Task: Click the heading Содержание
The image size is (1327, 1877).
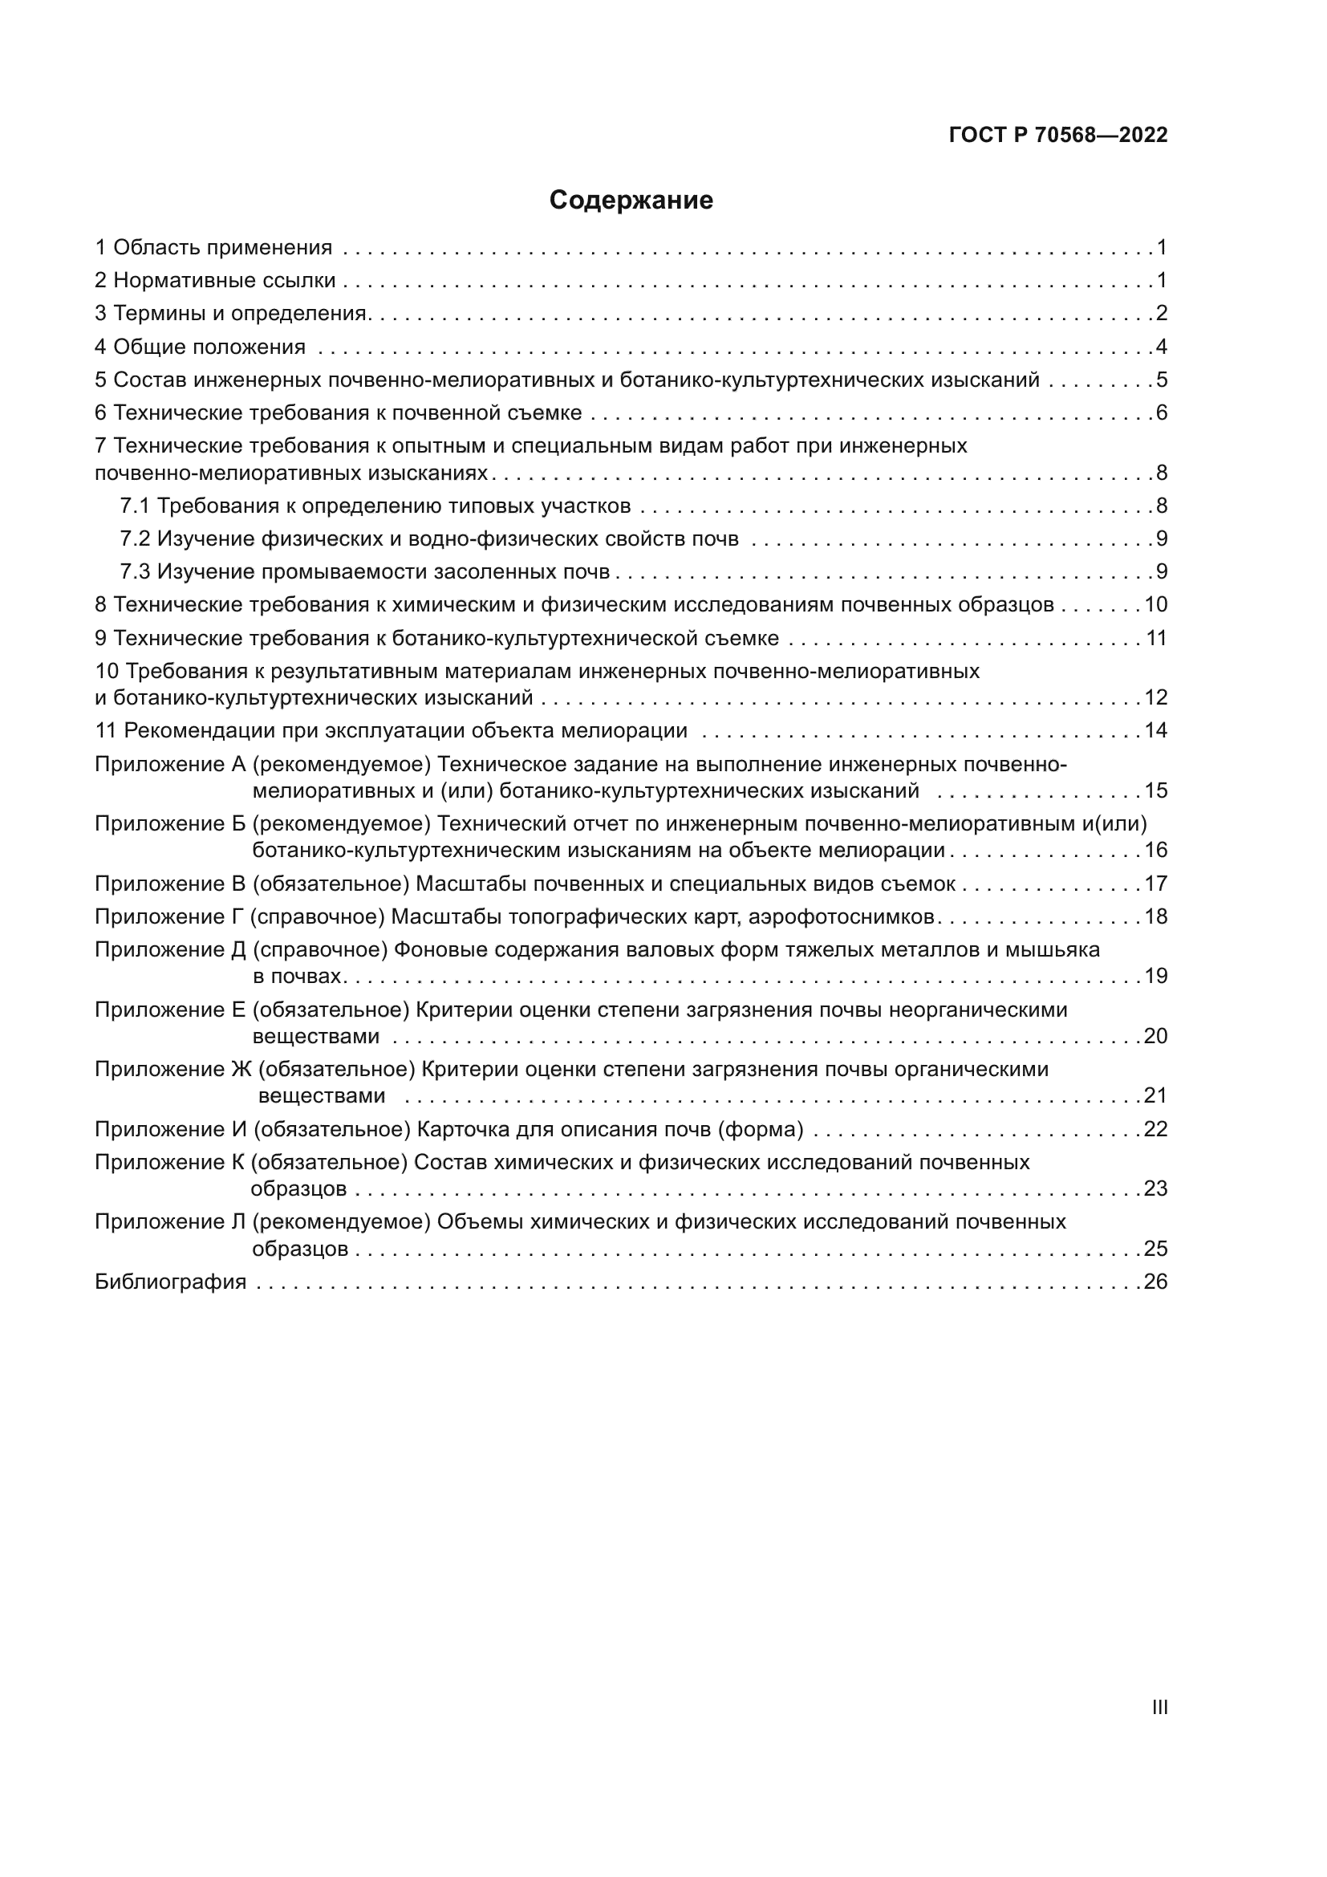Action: (x=631, y=201)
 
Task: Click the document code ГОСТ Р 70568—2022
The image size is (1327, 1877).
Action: (x=1058, y=136)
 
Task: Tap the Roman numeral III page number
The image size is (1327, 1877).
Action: (x=1159, y=1707)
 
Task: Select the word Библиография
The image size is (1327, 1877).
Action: (x=171, y=1282)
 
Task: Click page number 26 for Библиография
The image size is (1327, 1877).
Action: (x=1155, y=1282)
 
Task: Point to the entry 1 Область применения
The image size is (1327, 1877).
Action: (x=214, y=248)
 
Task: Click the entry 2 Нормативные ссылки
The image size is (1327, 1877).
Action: (x=216, y=281)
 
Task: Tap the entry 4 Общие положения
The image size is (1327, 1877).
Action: (x=201, y=347)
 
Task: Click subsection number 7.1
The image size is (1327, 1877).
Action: (x=135, y=506)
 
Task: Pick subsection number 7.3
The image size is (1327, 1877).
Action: (x=135, y=571)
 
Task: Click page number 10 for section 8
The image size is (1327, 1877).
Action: (x=1155, y=605)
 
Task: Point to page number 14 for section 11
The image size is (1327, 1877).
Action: (x=1155, y=731)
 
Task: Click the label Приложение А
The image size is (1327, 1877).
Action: (x=170, y=765)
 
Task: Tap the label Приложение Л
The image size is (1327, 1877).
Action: (x=171, y=1222)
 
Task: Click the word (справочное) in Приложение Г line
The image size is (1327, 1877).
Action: (x=317, y=917)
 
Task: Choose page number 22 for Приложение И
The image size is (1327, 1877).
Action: (x=1155, y=1130)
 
